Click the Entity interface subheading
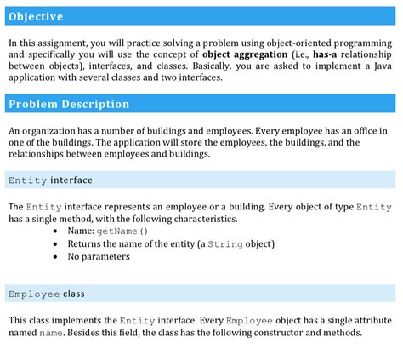(50, 180)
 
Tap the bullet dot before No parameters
(55, 256)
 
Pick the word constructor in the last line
(265, 332)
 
